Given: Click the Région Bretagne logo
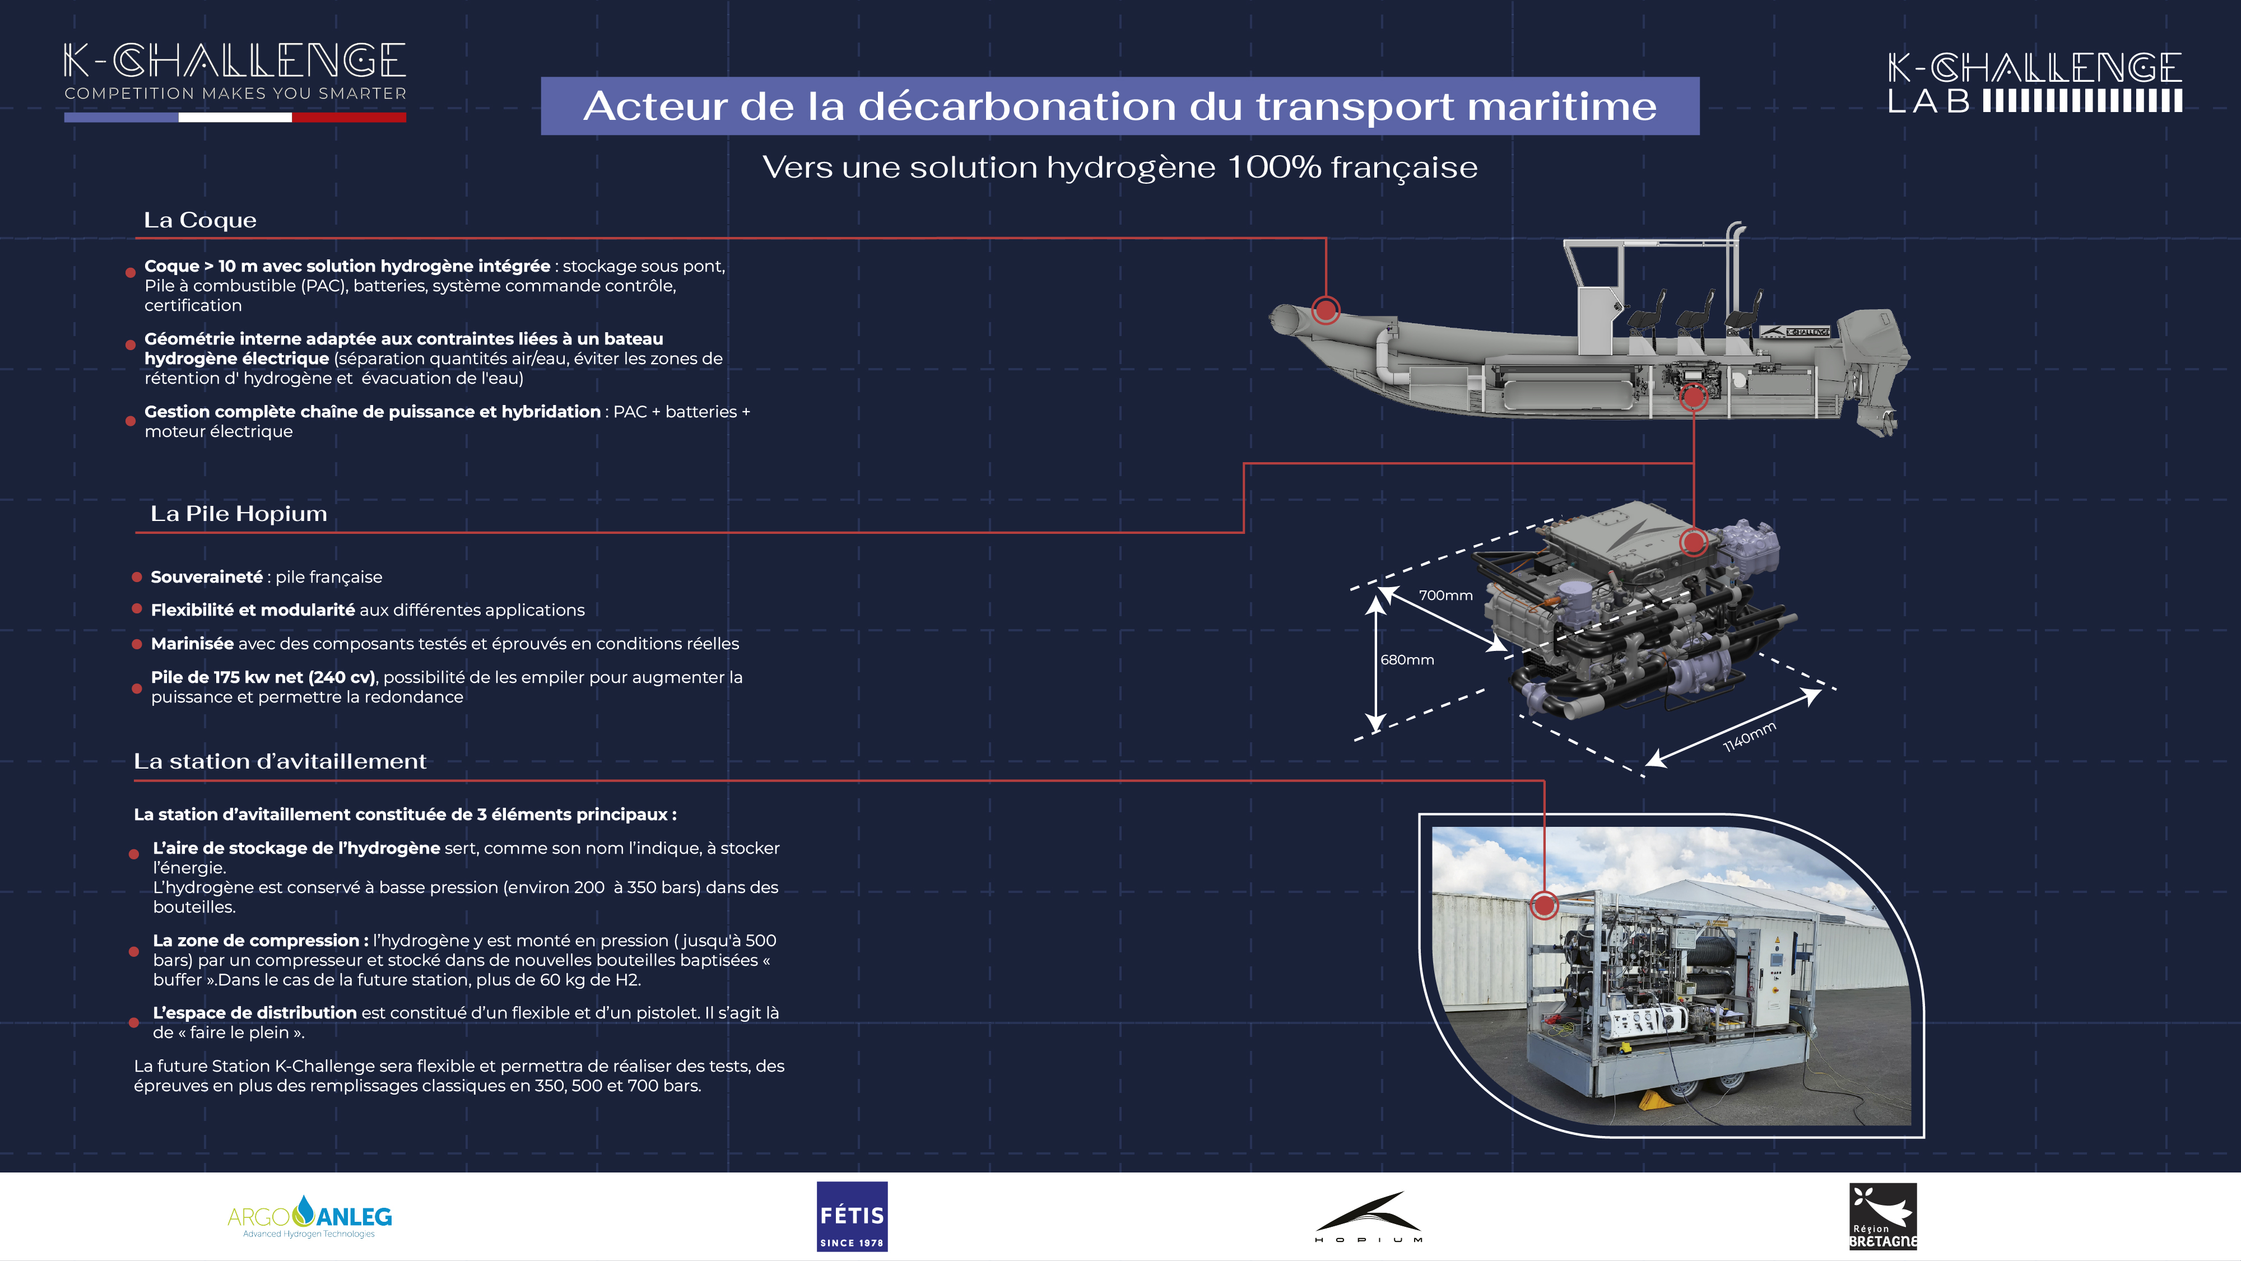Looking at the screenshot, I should (1882, 1216).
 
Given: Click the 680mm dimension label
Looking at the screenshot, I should (1407, 660).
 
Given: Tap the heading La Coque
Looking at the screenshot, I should (200, 220).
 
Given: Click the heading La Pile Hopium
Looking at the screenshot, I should (238, 514).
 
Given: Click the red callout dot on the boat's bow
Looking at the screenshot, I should (1326, 310).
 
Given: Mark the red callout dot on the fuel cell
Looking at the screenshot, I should (1693, 543).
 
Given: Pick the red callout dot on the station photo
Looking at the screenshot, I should (1544, 905).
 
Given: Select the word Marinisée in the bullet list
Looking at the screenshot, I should (192, 644).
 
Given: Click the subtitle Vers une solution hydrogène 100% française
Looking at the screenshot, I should (1119, 167).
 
